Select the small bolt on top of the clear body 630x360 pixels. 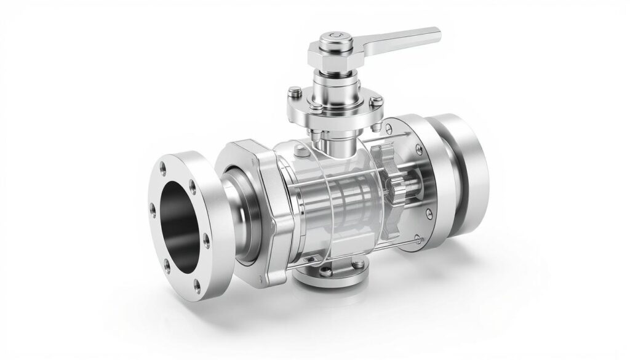(299, 151)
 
